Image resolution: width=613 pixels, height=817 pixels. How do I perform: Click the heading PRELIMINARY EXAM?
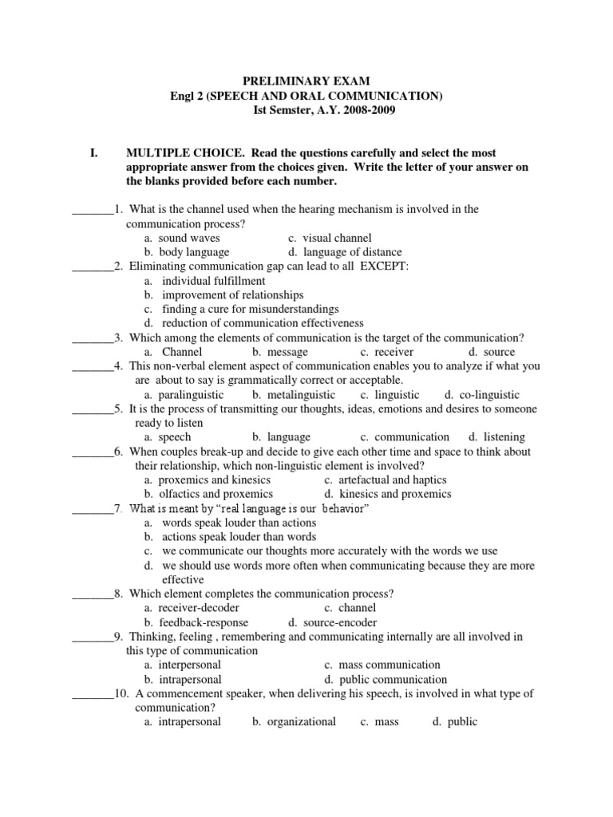click(306, 81)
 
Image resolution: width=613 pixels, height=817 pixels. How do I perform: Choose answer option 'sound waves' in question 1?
click(189, 238)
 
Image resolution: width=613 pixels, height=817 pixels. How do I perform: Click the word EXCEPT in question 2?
click(384, 266)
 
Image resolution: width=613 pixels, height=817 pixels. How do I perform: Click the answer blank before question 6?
click(93, 452)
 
